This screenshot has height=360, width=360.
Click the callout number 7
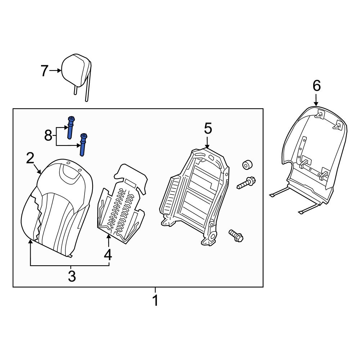click(x=44, y=71)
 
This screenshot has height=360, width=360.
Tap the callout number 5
click(x=208, y=128)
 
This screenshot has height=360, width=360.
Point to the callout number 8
click(x=48, y=136)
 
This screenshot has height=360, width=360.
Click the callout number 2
click(x=30, y=158)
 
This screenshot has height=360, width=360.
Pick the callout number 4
click(x=108, y=255)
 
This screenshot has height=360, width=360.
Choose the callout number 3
click(x=72, y=276)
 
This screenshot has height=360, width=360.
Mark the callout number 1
click(x=155, y=300)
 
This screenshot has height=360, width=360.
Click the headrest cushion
click(x=76, y=69)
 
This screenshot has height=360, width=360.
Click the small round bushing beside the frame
click(x=247, y=165)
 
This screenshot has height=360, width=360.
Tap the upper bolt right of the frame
click(x=247, y=183)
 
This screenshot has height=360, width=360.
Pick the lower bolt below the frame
click(x=236, y=235)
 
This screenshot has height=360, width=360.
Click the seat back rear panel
click(x=313, y=155)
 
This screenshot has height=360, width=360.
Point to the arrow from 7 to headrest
click(x=55, y=71)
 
